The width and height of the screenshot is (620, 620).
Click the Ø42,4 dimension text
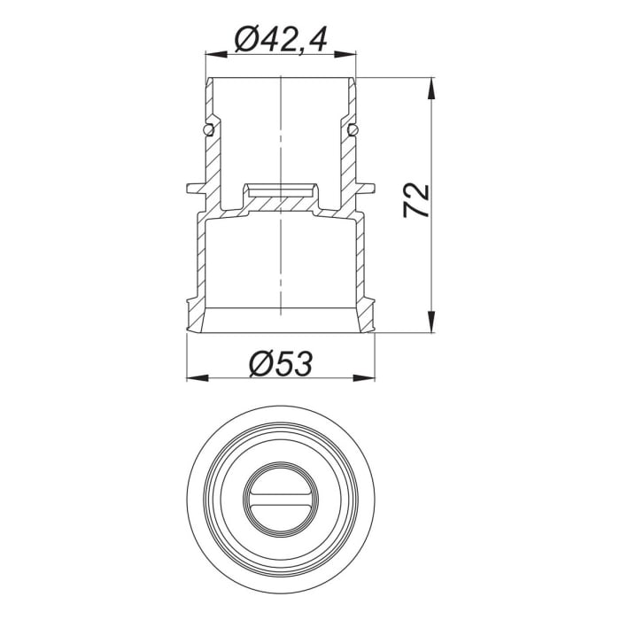280,40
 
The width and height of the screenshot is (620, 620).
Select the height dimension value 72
415,202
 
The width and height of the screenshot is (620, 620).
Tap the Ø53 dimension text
281,363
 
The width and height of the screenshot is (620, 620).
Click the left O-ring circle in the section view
207,130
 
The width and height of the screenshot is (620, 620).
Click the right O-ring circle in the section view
353,130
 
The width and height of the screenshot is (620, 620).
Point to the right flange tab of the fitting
366,189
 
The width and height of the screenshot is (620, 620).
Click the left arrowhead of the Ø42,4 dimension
213,55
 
